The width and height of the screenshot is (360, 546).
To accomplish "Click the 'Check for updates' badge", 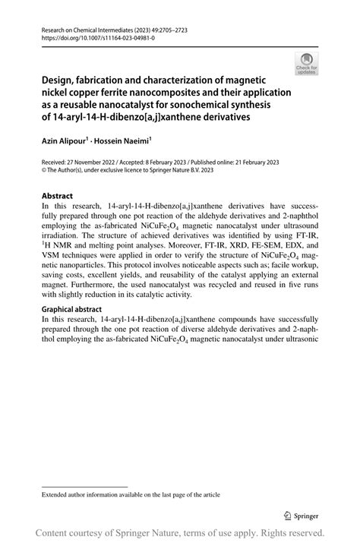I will (x=307, y=64).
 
